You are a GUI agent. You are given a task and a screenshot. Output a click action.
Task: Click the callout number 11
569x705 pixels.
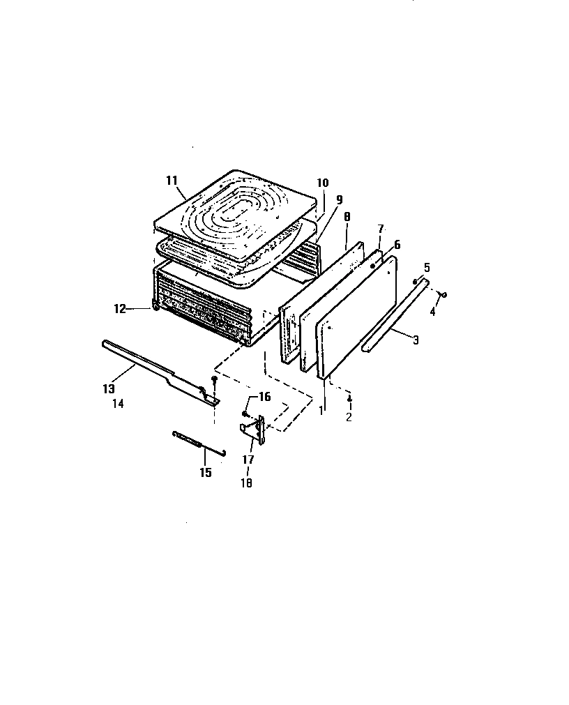tap(172, 180)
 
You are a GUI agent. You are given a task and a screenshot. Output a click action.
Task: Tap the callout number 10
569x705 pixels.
tap(322, 183)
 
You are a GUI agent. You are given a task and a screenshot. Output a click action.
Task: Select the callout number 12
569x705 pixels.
tap(120, 308)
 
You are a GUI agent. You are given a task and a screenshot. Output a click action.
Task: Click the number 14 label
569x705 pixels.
tap(117, 403)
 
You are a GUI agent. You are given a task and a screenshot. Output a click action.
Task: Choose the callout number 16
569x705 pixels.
tap(264, 397)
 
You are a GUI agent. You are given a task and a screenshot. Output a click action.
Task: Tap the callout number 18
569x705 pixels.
tap(247, 483)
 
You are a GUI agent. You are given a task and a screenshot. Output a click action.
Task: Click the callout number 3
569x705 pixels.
tap(416, 340)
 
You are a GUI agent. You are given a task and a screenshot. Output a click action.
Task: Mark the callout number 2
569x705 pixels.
tap(349, 417)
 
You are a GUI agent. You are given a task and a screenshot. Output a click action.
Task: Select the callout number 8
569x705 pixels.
tap(347, 217)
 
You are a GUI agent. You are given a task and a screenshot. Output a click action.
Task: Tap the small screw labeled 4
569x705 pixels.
tap(444, 294)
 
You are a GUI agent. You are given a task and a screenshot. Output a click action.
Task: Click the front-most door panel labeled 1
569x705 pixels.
tap(356, 314)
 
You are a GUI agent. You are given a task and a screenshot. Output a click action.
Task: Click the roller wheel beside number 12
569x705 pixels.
tap(153, 305)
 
